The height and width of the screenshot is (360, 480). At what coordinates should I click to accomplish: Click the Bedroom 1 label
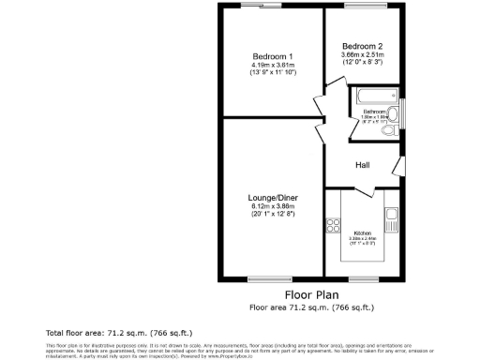click(273, 55)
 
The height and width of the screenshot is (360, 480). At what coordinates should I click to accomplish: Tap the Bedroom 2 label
click(362, 46)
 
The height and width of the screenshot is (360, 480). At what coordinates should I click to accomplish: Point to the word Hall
click(362, 165)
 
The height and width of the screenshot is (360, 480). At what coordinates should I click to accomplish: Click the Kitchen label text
click(363, 232)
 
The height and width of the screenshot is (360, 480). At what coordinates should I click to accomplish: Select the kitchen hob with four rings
click(331, 225)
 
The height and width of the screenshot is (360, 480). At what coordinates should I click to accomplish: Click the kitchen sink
click(392, 220)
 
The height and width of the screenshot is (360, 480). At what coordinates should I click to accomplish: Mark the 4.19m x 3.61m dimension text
click(273, 64)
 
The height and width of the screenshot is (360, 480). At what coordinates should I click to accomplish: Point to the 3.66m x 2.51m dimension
click(362, 55)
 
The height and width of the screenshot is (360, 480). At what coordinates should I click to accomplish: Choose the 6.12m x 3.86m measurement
click(273, 207)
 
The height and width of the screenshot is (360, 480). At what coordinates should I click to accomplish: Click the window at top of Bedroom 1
click(262, 6)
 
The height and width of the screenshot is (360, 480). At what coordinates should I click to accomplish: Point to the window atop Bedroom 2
click(361, 6)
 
